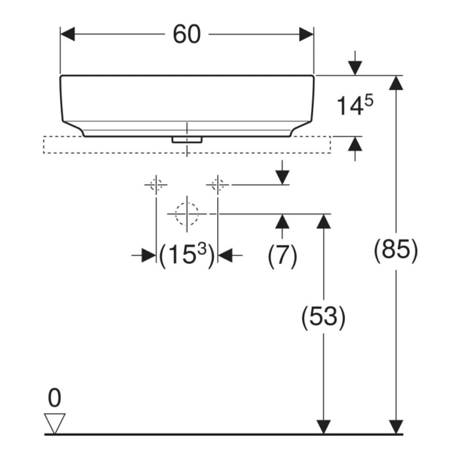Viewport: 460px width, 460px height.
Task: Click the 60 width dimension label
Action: tap(187, 34)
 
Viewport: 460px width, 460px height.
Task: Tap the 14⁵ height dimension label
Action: tap(355, 105)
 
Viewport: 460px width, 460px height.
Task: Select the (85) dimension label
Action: tap(395, 250)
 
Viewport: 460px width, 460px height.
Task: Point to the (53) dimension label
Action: tap(323, 317)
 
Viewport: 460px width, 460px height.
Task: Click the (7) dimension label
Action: tap(282, 255)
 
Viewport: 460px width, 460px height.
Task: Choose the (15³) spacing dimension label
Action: tap(187, 255)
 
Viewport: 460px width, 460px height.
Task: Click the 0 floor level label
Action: tap(54, 398)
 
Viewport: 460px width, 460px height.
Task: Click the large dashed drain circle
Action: tap(187, 214)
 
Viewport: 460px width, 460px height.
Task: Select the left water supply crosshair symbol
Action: tap(156, 185)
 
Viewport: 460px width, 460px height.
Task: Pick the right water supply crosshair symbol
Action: tap(217, 185)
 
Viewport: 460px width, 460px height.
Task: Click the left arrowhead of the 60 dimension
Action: tap(68, 34)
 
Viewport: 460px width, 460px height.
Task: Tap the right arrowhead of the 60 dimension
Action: tap(307, 34)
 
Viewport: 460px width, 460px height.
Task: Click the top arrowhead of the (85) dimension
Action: tap(395, 82)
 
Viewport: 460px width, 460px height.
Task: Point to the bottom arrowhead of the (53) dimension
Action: tap(323, 427)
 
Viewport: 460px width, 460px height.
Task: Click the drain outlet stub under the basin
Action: tap(187, 140)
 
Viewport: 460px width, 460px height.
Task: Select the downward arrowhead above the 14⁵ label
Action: tap(355, 68)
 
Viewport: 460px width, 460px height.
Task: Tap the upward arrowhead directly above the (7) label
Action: tap(282, 221)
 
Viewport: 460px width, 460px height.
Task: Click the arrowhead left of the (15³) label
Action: tap(149, 255)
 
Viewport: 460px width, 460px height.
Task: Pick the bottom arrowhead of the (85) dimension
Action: tap(395, 427)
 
